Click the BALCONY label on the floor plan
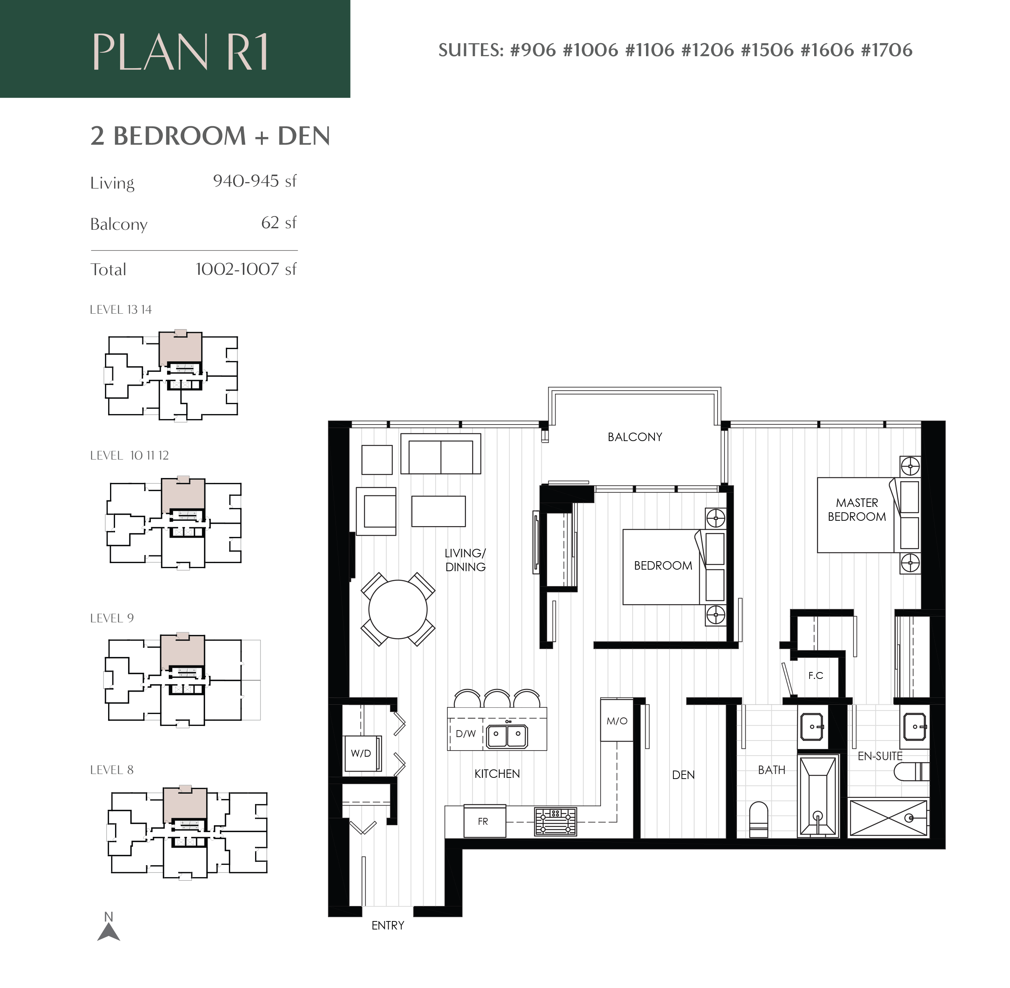(x=634, y=437)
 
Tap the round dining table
(x=397, y=609)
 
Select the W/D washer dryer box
(x=362, y=754)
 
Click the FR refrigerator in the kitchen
(x=484, y=821)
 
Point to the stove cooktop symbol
(x=555, y=821)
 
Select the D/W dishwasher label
(x=465, y=734)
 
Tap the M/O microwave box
(x=617, y=721)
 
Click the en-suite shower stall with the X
(x=888, y=818)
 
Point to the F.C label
(x=815, y=675)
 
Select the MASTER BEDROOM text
(x=856, y=510)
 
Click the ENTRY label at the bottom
(x=387, y=925)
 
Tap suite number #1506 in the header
(x=767, y=50)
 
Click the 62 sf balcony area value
(x=279, y=222)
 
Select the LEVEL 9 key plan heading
(x=112, y=618)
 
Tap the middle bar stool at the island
(x=497, y=699)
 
